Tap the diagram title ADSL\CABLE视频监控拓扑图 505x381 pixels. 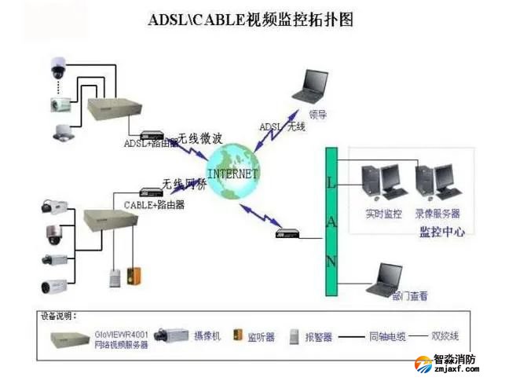click(251, 20)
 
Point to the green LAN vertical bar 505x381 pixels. click(331, 221)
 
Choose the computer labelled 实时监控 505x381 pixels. click(382, 182)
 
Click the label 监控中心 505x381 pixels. click(442, 232)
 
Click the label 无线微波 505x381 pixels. click(199, 138)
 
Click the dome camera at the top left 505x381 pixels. click(58, 68)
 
